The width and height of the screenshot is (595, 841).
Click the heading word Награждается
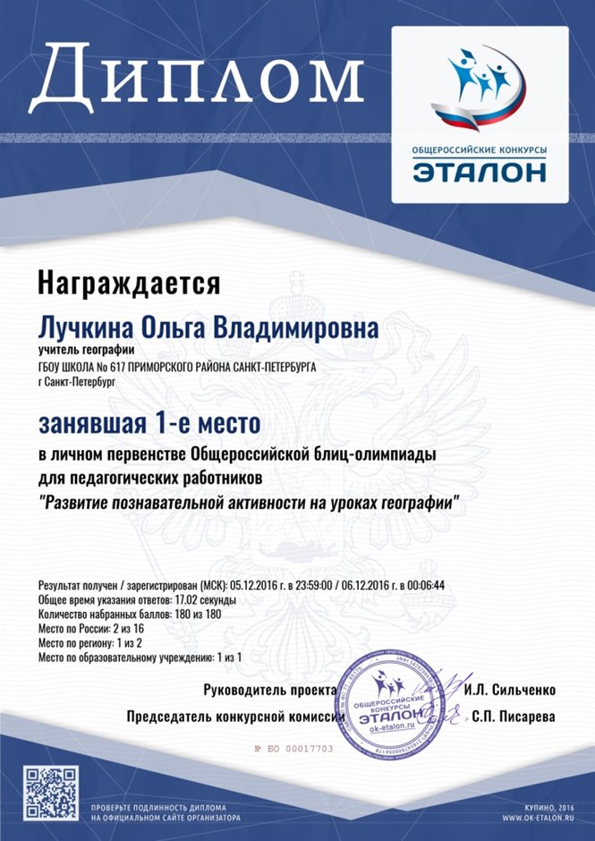coord(128,284)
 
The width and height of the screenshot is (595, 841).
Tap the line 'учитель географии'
coord(86,350)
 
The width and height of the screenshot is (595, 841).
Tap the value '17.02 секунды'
coord(201,599)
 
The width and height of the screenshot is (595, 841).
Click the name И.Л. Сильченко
coord(511,690)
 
